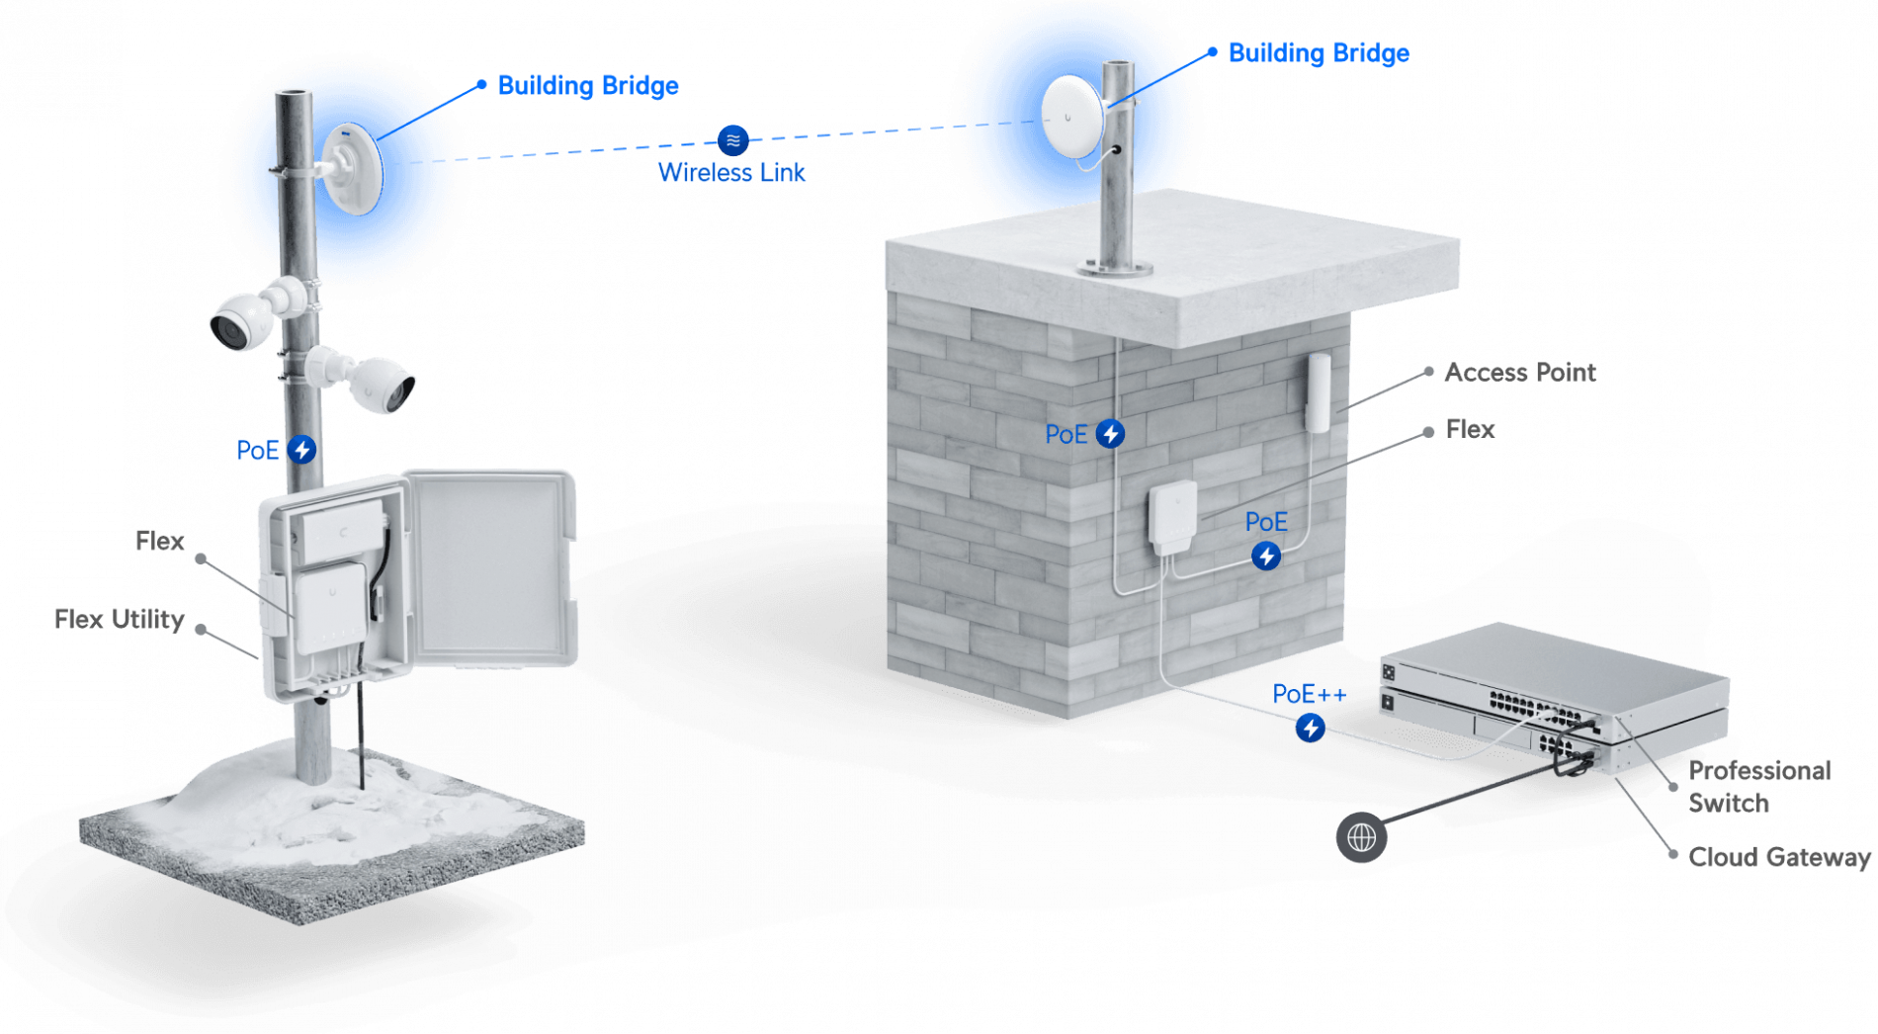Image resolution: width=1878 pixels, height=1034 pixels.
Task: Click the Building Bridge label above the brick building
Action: pos(1318,53)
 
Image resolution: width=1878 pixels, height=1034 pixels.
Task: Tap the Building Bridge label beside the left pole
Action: pos(588,86)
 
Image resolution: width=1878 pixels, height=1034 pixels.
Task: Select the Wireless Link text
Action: pos(731,173)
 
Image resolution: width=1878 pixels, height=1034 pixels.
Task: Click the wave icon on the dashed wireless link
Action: pos(732,140)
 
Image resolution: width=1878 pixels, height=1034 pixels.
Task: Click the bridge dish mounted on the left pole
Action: pos(354,168)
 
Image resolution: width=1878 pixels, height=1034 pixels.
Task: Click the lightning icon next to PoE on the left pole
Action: pos(302,450)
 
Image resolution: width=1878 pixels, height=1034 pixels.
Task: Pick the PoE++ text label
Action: pos(1309,695)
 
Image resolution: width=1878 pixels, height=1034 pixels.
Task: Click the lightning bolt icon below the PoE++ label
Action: pos(1311,729)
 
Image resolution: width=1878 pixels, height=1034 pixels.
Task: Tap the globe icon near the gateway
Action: pos(1361,837)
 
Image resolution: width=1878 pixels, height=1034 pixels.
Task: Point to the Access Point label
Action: pos(1519,373)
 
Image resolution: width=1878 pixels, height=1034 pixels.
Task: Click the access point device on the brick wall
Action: pos(1318,392)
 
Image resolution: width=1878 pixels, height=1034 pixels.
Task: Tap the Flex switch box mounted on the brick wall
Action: pos(1172,515)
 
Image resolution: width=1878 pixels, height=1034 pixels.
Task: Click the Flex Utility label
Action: pos(119,620)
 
